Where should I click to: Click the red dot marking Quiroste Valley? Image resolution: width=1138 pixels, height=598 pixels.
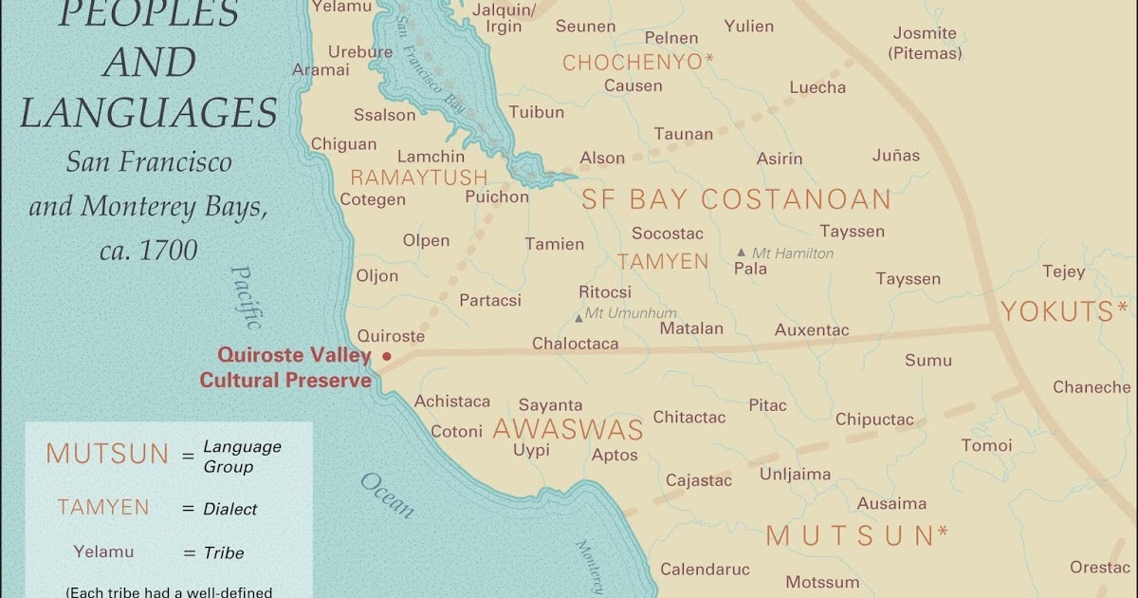click(386, 357)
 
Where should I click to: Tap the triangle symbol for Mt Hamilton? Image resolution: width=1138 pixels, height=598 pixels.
click(741, 252)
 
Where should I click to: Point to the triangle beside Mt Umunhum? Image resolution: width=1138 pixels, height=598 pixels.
click(578, 317)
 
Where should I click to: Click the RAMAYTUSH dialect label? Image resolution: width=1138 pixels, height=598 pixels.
click(418, 178)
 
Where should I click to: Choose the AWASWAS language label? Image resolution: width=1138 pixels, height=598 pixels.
click(567, 429)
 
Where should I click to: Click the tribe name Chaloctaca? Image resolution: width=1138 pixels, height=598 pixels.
click(575, 344)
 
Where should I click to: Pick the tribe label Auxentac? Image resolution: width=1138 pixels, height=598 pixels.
click(812, 330)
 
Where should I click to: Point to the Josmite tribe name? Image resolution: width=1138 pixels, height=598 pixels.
click(925, 33)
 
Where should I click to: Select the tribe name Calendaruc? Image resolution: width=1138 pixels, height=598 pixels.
click(705, 570)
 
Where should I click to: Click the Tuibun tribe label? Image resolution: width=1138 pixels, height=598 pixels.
click(536, 112)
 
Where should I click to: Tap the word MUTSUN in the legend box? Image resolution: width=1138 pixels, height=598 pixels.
click(107, 454)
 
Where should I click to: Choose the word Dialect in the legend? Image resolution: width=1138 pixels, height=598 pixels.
click(230, 509)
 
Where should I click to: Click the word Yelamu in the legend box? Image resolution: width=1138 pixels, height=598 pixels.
click(103, 551)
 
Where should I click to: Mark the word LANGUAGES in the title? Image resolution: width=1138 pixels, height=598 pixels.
click(149, 113)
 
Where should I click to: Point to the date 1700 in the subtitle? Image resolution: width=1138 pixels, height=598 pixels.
click(169, 250)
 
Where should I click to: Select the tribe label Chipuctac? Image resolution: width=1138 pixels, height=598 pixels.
click(874, 420)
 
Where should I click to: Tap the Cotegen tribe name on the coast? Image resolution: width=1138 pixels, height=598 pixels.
click(373, 199)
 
